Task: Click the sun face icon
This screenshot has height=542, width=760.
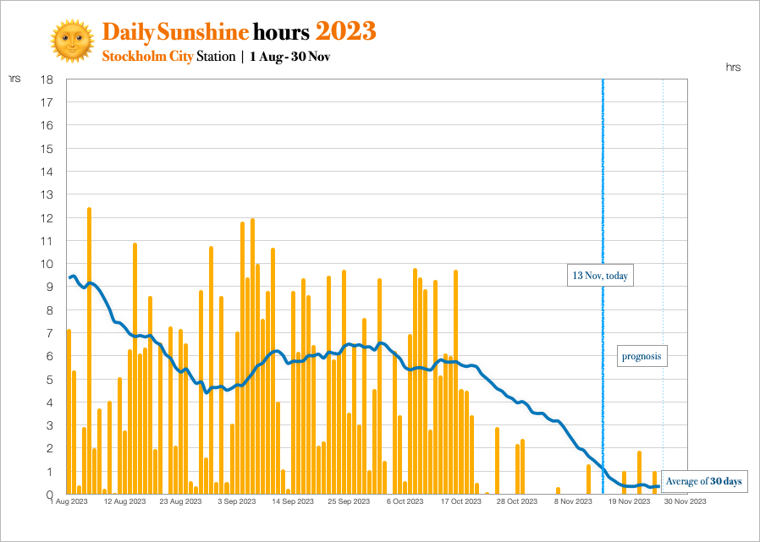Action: [72, 40]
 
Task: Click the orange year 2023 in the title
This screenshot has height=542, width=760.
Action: [345, 31]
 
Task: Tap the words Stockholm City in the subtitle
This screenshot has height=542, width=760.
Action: [147, 57]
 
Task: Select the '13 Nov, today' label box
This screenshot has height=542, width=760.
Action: [600, 276]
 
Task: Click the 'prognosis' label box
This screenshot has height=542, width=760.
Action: [641, 357]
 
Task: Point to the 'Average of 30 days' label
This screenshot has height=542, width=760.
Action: [703, 481]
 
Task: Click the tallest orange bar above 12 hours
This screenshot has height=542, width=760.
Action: [89, 338]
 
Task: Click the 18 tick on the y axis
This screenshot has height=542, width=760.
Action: [48, 79]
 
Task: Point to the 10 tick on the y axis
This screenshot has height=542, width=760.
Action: [48, 264]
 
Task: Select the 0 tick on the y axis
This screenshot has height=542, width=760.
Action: [51, 494]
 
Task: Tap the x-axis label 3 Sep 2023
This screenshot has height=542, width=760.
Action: [237, 501]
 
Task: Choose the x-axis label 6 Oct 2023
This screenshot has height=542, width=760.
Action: [404, 501]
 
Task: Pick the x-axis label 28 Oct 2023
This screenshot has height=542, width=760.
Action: [516, 501]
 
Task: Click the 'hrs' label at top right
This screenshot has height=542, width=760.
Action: [733, 67]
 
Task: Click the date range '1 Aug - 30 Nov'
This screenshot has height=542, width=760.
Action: [289, 57]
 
